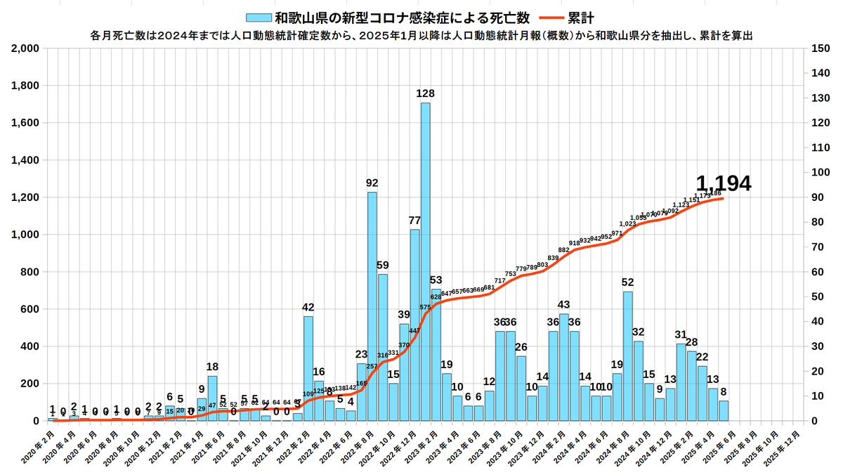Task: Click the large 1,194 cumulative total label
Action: (723, 183)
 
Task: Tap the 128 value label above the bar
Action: (425, 93)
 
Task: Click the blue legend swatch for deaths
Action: (259, 18)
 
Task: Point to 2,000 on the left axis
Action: (25, 48)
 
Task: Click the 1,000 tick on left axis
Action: (25, 235)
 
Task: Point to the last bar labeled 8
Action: (724, 410)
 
